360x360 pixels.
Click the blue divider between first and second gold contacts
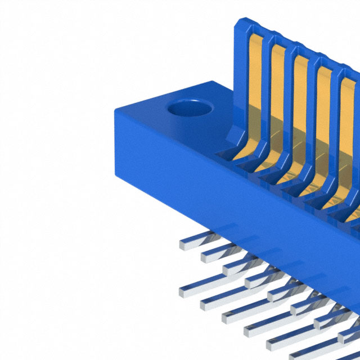(x=266, y=101)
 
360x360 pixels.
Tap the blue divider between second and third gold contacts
(x=289, y=110)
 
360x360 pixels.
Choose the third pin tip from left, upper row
(x=231, y=268)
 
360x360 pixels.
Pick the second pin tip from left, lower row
(x=208, y=304)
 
